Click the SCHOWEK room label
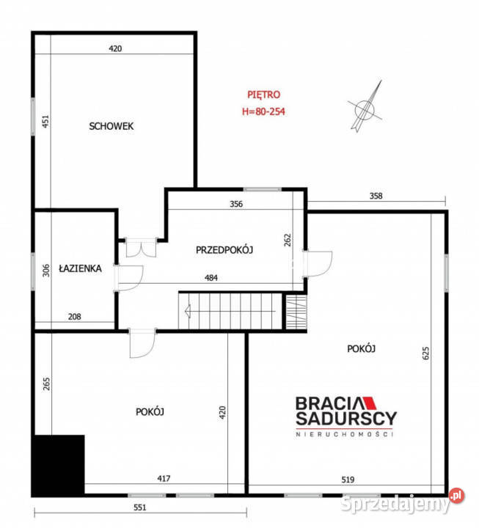coord(111,126)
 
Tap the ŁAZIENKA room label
coord(80,268)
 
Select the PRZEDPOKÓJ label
coord(224,250)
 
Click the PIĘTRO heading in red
coord(263,95)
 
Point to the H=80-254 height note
coord(263,112)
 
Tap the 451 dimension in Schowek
coord(45,121)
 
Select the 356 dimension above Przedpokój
coord(235,205)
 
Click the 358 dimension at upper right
coord(376,196)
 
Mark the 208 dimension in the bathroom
coord(75,318)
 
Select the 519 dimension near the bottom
coord(348,480)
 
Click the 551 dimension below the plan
coord(140,507)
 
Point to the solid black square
coord(58,465)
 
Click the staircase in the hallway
coord(231,311)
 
